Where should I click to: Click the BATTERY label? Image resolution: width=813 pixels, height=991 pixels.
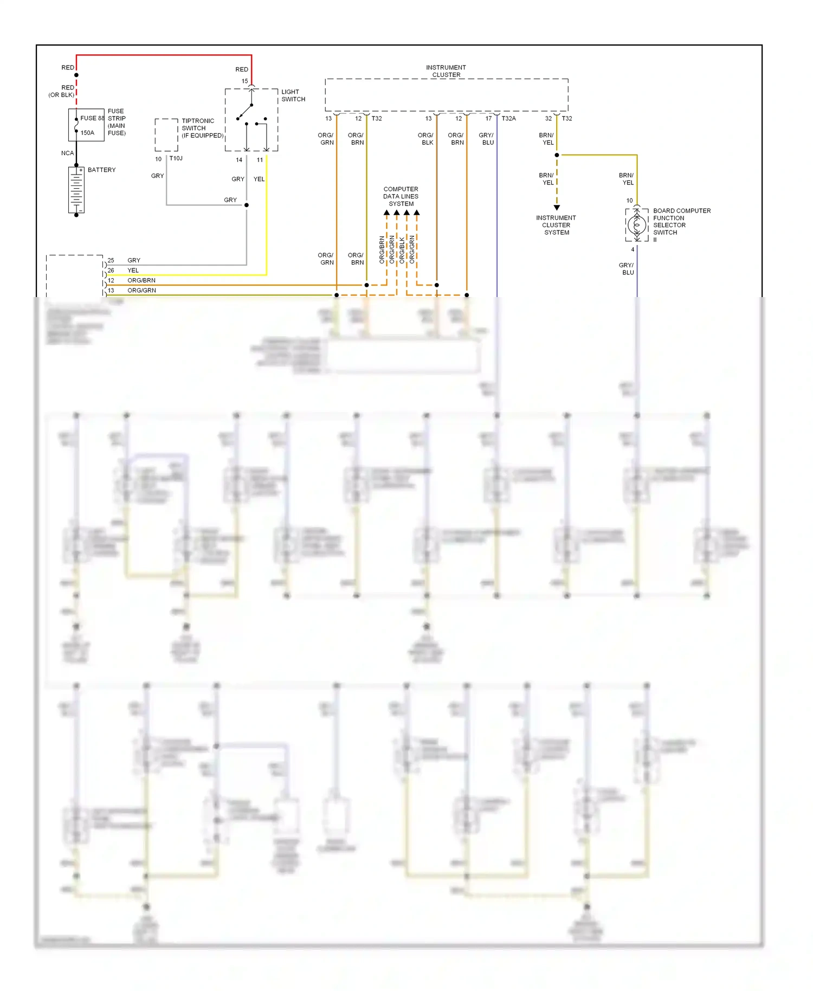pos(101,170)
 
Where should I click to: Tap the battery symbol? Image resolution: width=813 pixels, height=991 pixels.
pos(76,190)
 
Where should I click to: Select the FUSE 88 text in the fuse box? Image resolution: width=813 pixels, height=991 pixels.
pos(92,118)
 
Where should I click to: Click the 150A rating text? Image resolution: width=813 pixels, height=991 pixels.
pos(87,133)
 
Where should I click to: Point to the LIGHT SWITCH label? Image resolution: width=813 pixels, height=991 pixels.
pos(293,95)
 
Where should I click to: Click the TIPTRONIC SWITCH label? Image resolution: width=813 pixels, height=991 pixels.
pos(202,128)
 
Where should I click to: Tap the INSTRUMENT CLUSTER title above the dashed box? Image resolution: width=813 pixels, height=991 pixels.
pos(446,71)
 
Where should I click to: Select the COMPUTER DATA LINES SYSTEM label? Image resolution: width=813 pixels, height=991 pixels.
pos(401,196)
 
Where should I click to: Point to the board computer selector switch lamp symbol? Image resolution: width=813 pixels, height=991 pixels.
pos(637,224)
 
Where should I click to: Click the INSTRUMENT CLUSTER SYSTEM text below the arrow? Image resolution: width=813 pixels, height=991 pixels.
pos(556,225)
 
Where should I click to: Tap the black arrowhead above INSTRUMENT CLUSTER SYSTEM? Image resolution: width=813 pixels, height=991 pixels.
pos(557,208)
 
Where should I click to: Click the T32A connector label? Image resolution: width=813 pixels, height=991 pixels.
pos(508,118)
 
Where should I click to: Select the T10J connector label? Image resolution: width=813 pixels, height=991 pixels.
pos(176,158)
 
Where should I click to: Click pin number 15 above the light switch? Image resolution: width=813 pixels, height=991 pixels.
pos(244,81)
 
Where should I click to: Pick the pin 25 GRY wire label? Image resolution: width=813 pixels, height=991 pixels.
pos(133,260)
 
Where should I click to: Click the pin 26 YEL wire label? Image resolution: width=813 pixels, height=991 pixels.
pos(133,271)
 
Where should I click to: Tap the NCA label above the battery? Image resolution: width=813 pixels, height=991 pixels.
pos(67,153)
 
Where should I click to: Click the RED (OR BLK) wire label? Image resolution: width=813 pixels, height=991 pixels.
pos(62,91)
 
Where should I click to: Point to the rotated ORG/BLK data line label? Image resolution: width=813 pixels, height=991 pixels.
pos(402,250)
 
